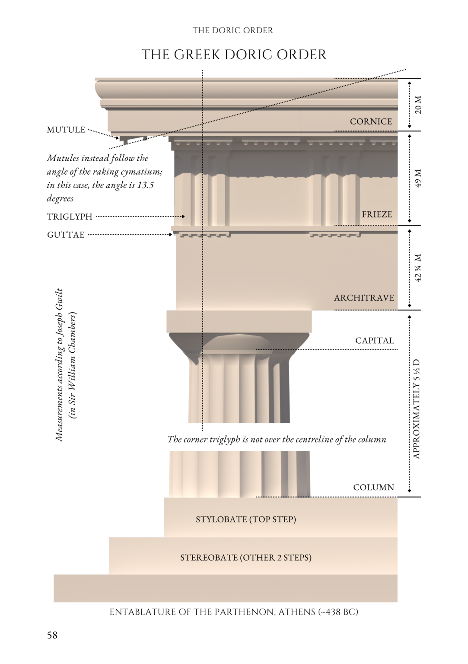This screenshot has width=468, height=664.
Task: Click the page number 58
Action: click(52, 635)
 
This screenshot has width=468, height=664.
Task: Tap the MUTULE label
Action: click(66, 130)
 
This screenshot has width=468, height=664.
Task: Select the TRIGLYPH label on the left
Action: click(70, 217)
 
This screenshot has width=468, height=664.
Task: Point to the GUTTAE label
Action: click(66, 235)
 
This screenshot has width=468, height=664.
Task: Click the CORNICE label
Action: click(371, 121)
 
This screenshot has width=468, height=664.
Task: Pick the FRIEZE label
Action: click(377, 214)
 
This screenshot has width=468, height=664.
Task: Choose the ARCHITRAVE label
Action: click(364, 298)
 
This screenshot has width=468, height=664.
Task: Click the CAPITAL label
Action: click(375, 341)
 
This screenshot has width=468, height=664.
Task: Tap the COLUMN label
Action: click(373, 488)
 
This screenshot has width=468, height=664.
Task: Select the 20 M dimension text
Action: click(418, 105)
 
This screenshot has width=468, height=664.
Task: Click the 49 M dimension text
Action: click(418, 178)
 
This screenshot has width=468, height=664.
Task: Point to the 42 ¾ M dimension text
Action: click(418, 268)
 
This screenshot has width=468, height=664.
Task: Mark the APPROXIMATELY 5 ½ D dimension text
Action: click(417, 409)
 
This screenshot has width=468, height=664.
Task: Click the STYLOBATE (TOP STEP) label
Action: click(246, 519)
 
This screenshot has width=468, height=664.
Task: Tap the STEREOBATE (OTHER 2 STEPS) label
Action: click(246, 558)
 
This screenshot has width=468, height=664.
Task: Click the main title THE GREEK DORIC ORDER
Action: click(234, 55)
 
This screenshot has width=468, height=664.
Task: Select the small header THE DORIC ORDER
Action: click(232, 30)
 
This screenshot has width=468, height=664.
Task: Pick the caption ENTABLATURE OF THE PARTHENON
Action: click(234, 612)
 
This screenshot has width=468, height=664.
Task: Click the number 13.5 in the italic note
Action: click(146, 185)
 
